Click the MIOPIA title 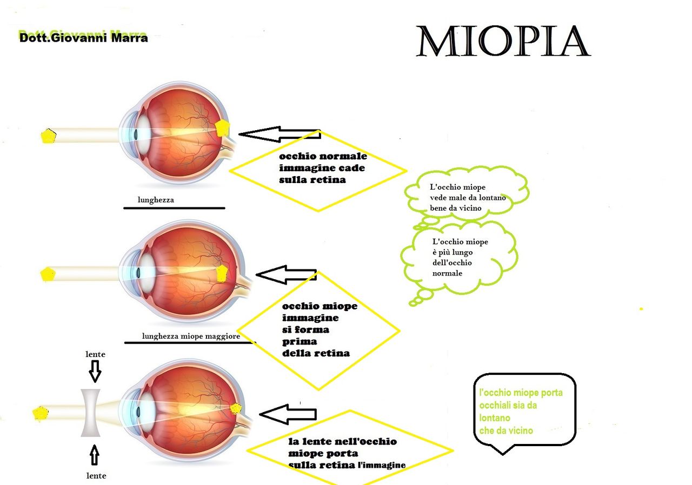tap(502, 42)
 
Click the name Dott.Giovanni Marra tap(83, 38)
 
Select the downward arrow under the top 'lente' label tap(95, 371)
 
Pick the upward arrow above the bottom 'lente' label tap(95, 455)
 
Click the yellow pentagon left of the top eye tap(48, 136)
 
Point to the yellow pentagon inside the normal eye tap(222, 129)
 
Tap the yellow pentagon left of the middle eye tap(48, 274)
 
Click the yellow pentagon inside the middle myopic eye tap(222, 273)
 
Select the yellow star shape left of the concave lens tap(41, 413)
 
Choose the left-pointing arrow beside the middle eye tap(285, 275)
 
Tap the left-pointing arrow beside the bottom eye tap(288, 414)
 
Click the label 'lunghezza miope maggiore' tap(191, 336)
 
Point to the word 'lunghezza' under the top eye tap(156, 200)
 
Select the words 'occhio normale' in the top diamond tap(323, 156)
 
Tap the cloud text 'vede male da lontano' tap(468, 198)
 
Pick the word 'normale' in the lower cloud tap(447, 273)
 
